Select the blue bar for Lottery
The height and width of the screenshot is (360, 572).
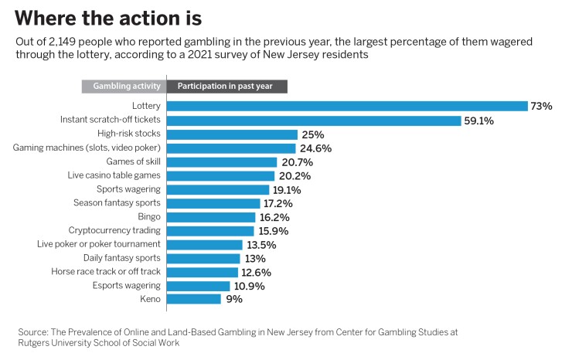pos(347,106)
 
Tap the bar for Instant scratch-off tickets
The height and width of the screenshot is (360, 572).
pos(308,120)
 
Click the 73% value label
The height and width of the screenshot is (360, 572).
pos(541,106)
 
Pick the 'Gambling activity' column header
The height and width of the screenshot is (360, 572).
pos(124,86)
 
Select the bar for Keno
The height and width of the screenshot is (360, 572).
pos(193,299)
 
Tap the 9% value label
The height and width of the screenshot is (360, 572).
pos(234,299)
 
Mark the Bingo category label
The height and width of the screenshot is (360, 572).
pos(149,217)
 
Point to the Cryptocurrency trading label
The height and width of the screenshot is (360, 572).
pos(114,230)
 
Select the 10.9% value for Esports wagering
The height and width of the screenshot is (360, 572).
pos(250,286)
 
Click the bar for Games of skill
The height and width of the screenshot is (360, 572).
pos(222,162)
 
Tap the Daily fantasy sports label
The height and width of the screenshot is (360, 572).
pos(122,258)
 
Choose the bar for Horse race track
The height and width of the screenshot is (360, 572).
pos(203,272)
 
